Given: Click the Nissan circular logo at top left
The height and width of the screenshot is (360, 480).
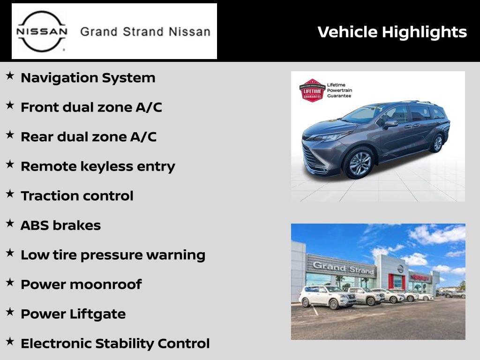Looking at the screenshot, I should (42, 31).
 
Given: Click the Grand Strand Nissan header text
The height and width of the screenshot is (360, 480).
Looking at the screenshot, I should (145, 32).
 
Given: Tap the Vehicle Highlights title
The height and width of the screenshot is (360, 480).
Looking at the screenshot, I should (392, 32).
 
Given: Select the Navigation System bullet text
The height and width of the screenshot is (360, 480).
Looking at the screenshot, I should (88, 78).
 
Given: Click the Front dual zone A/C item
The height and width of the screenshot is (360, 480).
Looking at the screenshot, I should (91, 107).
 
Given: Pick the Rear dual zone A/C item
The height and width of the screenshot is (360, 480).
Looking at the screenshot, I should (88, 137).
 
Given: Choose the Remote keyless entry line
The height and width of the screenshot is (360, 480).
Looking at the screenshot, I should (97, 166).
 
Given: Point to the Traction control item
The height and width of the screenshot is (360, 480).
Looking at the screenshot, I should (77, 196).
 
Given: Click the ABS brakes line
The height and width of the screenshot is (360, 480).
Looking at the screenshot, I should (60, 225).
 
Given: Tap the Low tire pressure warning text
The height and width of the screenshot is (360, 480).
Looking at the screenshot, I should (112, 255).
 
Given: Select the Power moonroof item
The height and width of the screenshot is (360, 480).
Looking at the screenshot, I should (81, 285).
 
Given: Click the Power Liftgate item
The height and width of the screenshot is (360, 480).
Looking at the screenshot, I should (73, 314).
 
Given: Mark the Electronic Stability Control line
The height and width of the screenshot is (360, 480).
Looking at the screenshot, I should (115, 344).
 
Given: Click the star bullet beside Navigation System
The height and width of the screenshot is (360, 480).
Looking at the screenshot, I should (10, 76).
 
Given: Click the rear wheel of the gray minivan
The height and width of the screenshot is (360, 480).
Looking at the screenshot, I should (437, 142).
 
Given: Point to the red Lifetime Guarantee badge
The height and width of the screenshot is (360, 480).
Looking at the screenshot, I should (312, 90).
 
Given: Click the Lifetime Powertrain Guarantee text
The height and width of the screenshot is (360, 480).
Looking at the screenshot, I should (339, 90).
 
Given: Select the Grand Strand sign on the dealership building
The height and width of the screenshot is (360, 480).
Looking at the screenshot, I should (344, 268).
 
